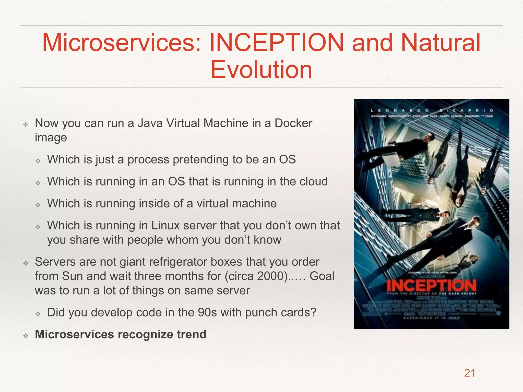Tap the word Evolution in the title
click(x=261, y=70)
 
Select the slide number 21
click(x=470, y=373)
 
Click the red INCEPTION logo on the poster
click(x=431, y=285)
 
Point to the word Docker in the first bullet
click(x=293, y=123)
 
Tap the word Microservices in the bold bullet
click(x=74, y=334)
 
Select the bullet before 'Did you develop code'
click(x=38, y=314)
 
